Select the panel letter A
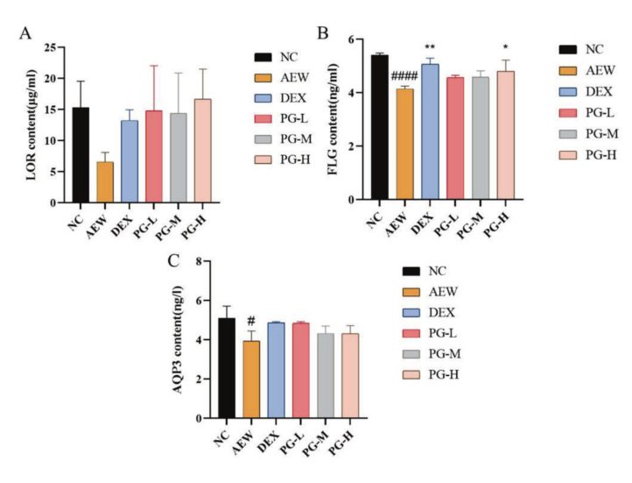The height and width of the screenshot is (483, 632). [26, 34]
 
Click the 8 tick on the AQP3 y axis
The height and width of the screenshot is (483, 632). [200, 261]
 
